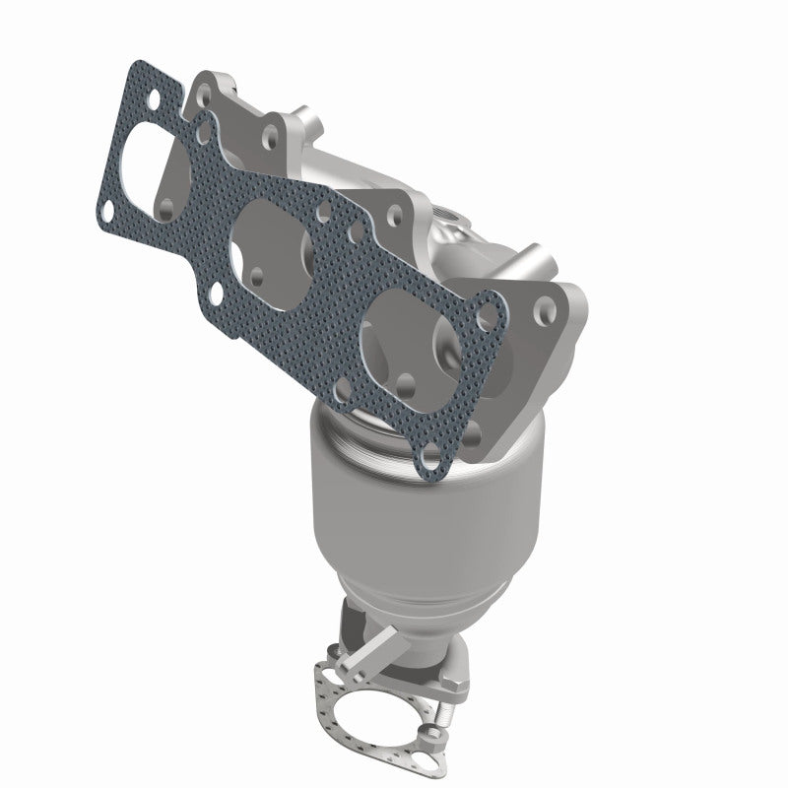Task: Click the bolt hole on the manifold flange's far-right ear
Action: click(x=543, y=311)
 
